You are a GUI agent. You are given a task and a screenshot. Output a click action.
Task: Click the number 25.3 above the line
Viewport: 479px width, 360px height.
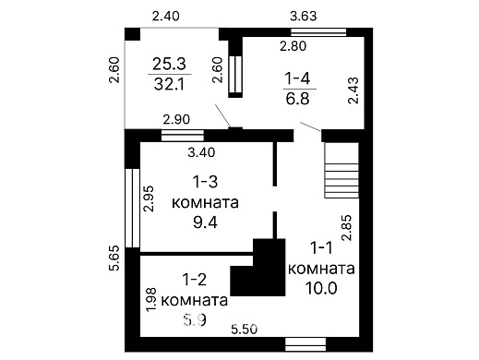click(167, 65)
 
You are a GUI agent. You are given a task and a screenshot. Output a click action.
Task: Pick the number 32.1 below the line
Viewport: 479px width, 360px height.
click(167, 84)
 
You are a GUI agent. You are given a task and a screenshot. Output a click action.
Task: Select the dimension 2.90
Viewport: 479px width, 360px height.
click(177, 120)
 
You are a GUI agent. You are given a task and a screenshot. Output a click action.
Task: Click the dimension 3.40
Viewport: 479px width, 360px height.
click(202, 150)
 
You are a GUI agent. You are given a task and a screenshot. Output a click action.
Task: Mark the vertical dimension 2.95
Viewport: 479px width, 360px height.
click(150, 199)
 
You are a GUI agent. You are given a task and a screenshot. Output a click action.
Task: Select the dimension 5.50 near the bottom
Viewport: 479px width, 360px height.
click(245, 329)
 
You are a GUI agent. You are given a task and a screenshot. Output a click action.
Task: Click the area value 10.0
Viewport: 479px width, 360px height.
click(319, 288)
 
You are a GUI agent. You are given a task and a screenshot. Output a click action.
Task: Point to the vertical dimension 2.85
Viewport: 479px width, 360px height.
click(346, 227)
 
